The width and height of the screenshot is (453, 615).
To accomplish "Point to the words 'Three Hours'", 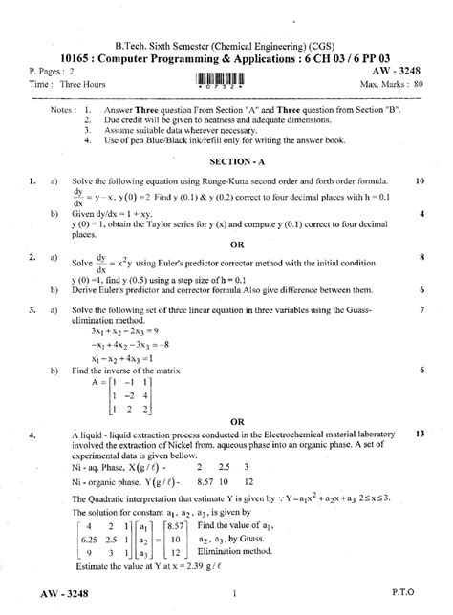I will coord(82,84).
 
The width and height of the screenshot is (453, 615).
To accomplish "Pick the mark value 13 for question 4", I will coord(420,433).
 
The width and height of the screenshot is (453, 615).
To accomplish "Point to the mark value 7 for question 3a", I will coord(421,309).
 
